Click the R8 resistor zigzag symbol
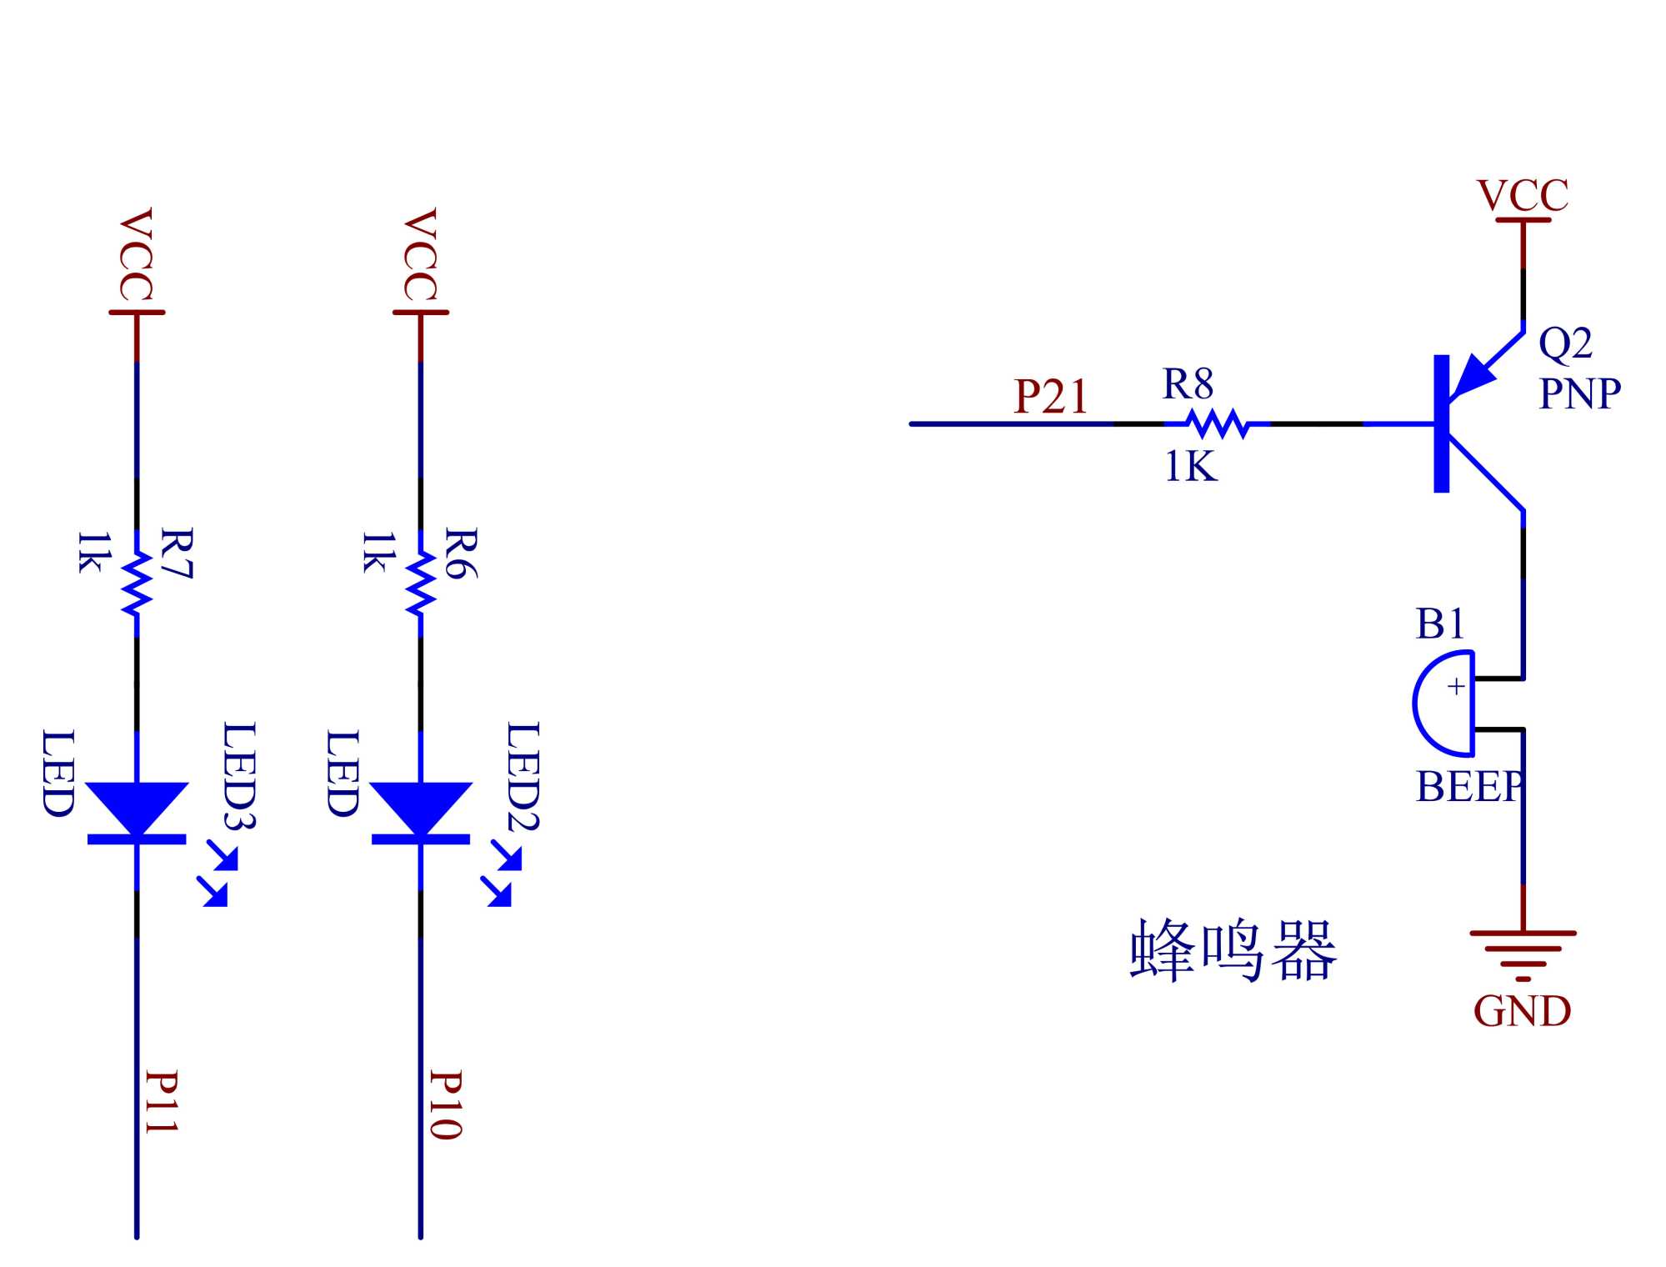[1218, 423]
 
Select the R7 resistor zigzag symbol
[137, 583]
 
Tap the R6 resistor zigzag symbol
[420, 583]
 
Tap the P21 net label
[1051, 397]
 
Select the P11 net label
[161, 1102]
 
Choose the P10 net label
[445, 1104]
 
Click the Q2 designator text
[1565, 343]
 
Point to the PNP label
[1579, 393]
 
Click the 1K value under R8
[1191, 467]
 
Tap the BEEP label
[1469, 787]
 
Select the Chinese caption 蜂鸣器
[1233, 951]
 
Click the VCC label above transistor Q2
[1523, 197]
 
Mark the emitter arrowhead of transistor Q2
[1473, 377]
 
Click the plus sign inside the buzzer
[1456, 687]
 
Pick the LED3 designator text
[239, 775]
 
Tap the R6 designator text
[461, 553]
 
